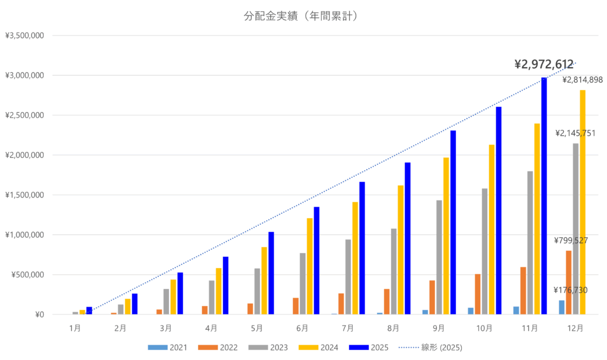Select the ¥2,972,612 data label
click(544, 64)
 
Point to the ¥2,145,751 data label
click(576, 133)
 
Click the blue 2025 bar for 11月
click(544, 196)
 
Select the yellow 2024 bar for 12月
click(582, 202)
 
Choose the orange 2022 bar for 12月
click(568, 282)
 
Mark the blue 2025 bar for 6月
click(316, 260)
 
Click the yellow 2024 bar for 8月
click(401, 250)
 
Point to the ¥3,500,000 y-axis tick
click(25, 36)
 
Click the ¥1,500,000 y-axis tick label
click(25, 195)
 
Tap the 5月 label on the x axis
click(257, 327)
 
